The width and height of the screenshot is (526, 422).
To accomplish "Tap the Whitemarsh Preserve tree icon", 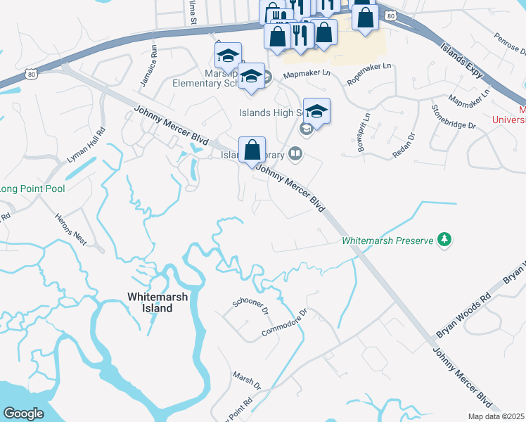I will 444,240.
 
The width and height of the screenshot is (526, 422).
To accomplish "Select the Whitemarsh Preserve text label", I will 387,241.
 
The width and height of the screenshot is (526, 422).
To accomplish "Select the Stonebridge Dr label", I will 454,116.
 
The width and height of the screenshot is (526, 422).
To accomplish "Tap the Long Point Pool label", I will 32,189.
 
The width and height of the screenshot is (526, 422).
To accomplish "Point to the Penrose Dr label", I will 509,44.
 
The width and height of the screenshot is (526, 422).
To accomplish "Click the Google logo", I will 24,414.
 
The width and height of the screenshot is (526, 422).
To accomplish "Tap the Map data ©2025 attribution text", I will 495,416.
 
